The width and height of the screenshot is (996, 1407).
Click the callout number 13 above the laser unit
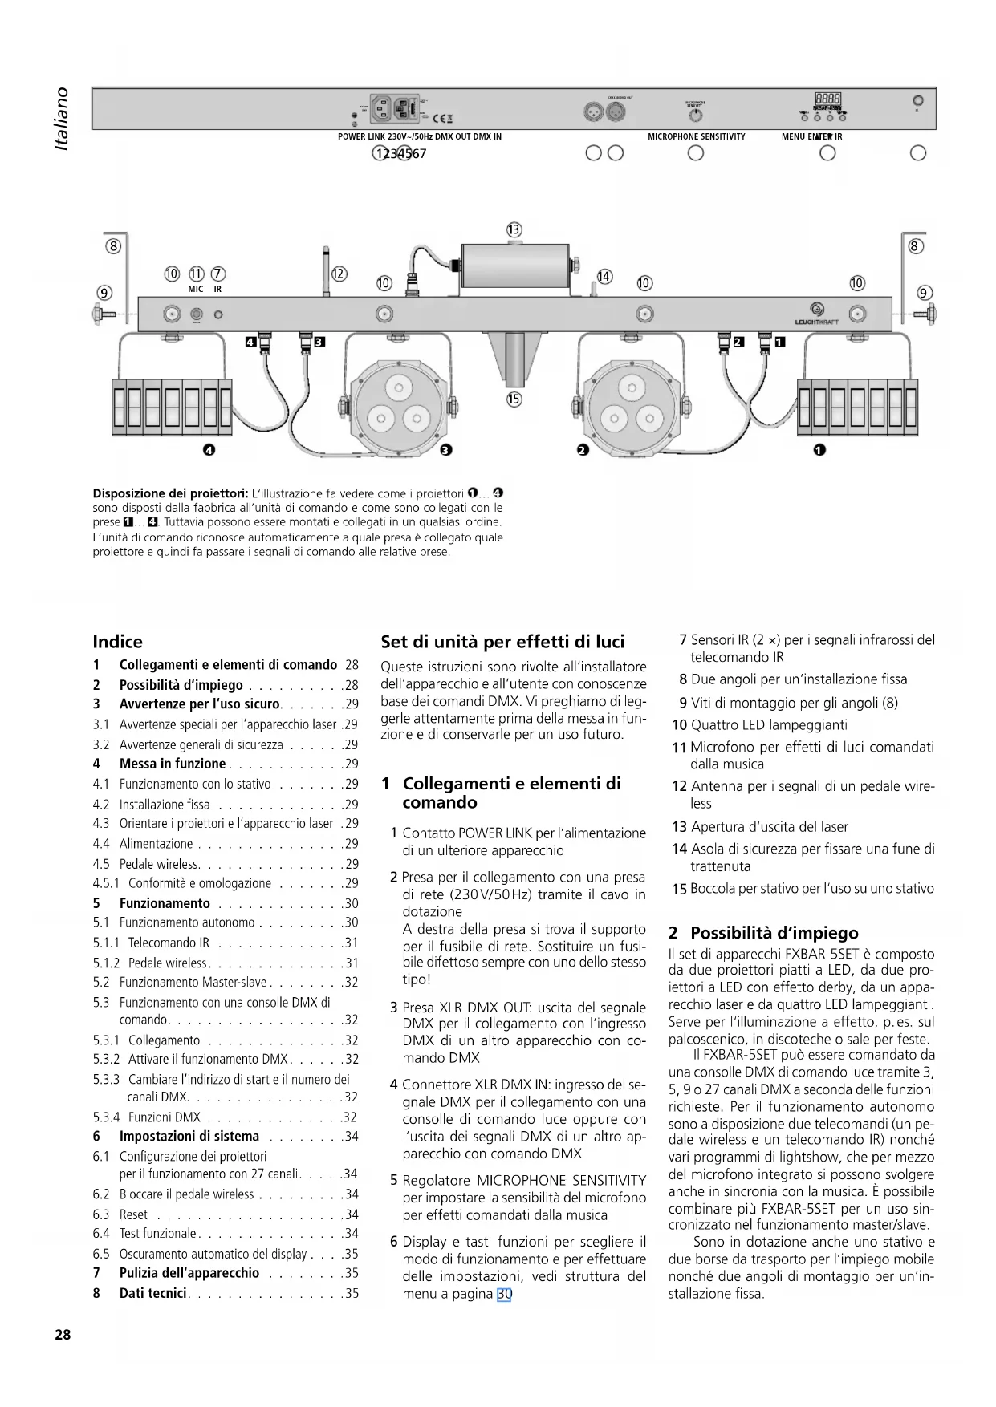[x=514, y=230]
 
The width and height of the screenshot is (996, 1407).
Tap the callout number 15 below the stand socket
[x=514, y=399]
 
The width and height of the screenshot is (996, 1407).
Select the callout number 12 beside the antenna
[x=339, y=274]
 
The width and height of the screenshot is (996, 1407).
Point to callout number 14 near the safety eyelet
[x=604, y=277]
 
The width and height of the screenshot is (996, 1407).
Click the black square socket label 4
[x=250, y=343]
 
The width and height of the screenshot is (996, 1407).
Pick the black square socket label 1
[x=779, y=343]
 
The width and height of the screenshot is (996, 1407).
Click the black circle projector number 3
[x=445, y=450]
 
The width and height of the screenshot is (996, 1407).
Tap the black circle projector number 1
[x=819, y=450]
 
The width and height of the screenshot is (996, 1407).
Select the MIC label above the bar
[x=195, y=289]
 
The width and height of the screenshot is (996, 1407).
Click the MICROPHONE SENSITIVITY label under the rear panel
[x=696, y=136]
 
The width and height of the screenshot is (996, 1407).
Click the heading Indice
[x=117, y=642]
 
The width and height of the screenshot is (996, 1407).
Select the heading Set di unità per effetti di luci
[x=502, y=642]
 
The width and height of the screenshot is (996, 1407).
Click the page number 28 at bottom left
[x=63, y=1335]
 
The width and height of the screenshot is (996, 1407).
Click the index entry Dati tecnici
[x=153, y=1293]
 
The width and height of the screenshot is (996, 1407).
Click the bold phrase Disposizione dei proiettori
[x=170, y=493]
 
